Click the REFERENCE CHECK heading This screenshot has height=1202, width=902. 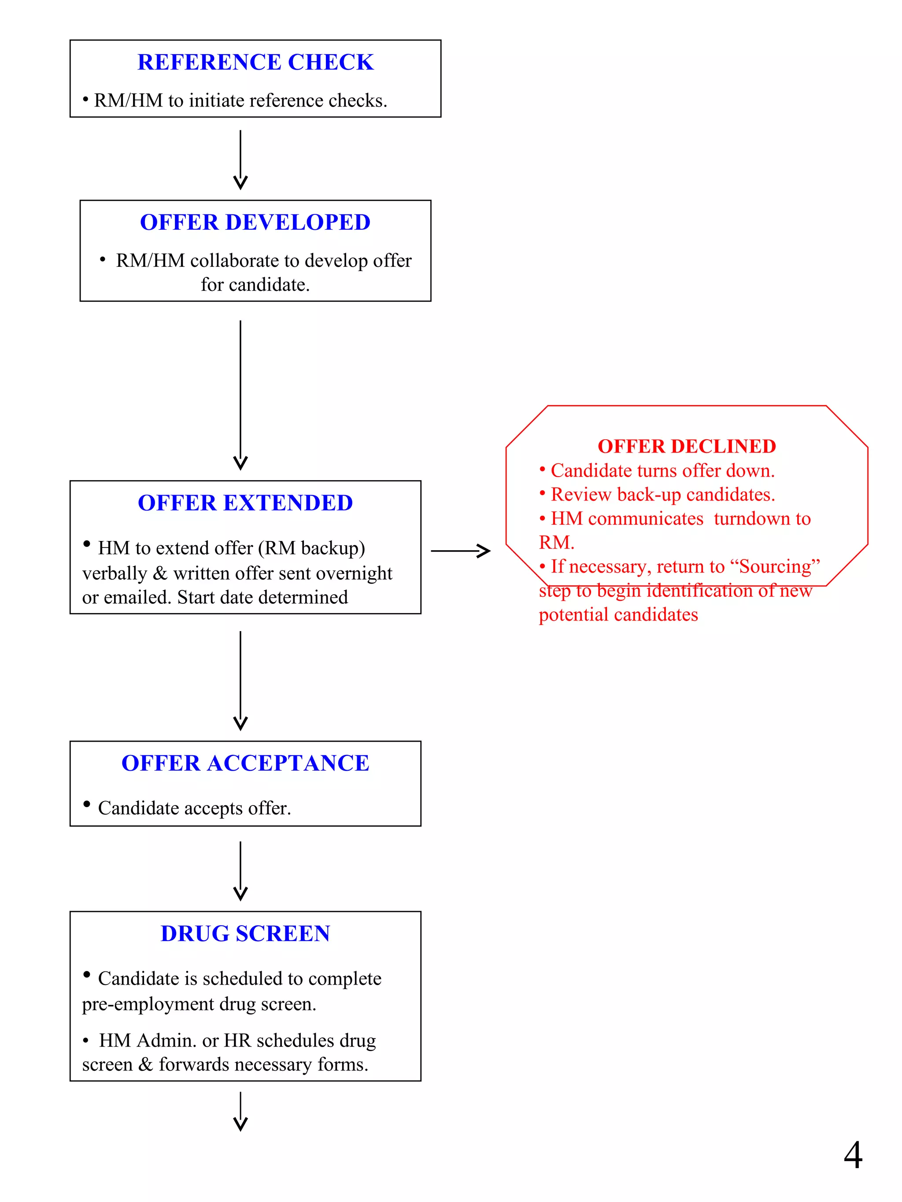[x=255, y=62]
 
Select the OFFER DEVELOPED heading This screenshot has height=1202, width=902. [x=255, y=222]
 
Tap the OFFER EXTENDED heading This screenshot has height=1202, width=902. [x=245, y=503]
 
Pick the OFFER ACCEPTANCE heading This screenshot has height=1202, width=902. [x=245, y=763]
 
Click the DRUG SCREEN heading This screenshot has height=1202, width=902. [x=245, y=934]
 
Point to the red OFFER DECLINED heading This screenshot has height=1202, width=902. [x=686, y=446]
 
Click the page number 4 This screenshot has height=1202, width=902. [x=853, y=1155]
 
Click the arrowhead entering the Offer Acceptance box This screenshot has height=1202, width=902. [x=240, y=723]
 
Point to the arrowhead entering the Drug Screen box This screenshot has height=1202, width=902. [x=240, y=893]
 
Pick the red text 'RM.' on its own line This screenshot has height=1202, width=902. [x=556, y=542]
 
